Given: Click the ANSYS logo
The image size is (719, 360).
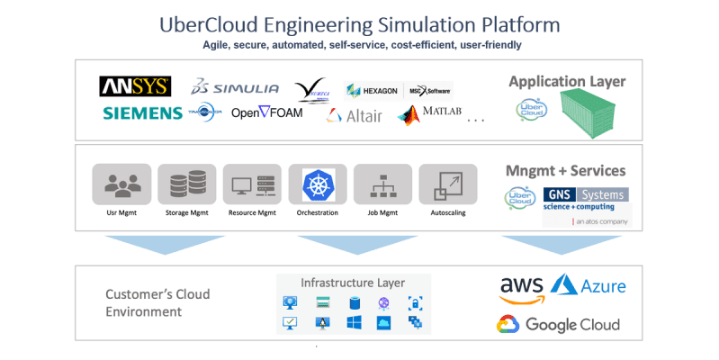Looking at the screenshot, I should [x=135, y=86].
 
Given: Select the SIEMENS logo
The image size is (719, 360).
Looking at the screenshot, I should [x=142, y=113].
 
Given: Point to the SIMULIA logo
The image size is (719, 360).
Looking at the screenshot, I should [x=235, y=88].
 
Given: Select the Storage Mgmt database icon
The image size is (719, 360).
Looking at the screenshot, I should [x=187, y=184].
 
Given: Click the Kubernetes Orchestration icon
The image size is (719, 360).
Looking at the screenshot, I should [x=318, y=184].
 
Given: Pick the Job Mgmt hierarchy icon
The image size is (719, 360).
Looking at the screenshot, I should [x=383, y=184].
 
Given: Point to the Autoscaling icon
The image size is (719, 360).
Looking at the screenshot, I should [x=448, y=184].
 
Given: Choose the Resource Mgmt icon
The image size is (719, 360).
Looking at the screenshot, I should [x=253, y=184].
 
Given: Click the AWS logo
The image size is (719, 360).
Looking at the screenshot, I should [x=521, y=289].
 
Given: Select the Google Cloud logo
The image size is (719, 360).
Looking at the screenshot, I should [x=560, y=325].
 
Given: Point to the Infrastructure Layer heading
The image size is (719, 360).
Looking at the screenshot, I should [x=353, y=282].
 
